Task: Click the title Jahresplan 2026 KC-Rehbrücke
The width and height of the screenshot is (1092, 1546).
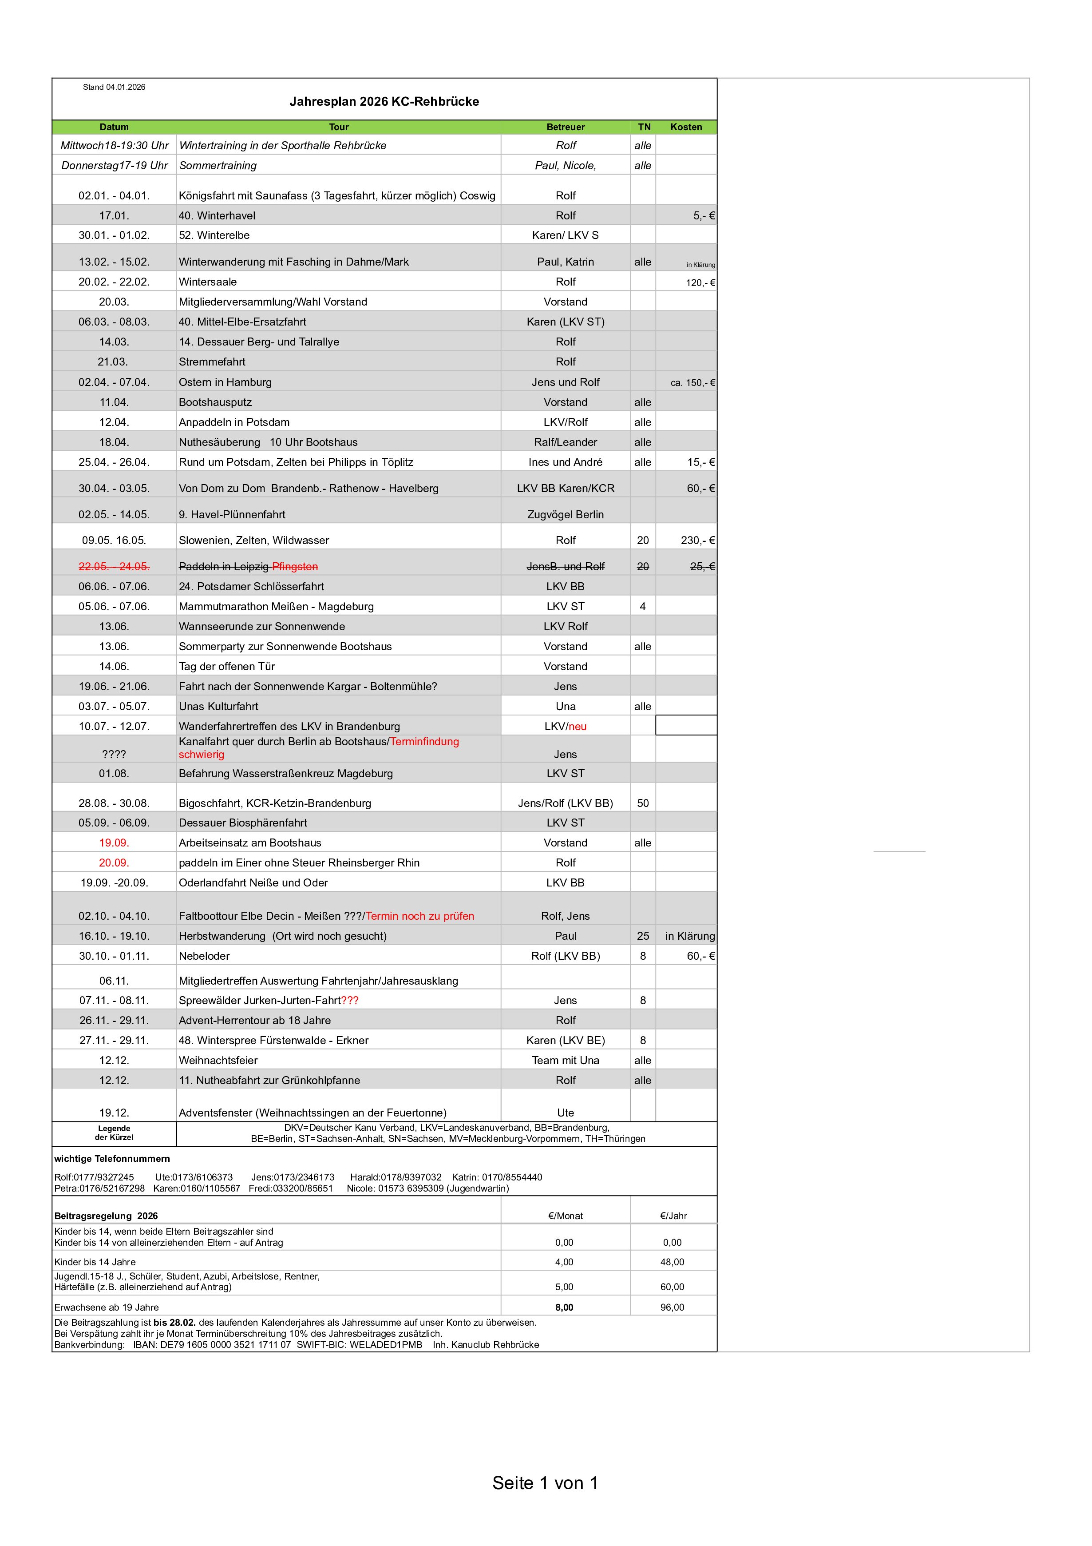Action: [384, 102]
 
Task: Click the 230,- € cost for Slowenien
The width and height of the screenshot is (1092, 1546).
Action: [697, 541]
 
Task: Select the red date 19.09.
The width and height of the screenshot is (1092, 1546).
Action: [114, 843]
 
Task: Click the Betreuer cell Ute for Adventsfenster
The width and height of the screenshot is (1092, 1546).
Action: [565, 1113]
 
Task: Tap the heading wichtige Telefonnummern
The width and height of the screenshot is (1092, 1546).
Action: [112, 1159]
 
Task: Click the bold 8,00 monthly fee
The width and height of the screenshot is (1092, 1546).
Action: [564, 1308]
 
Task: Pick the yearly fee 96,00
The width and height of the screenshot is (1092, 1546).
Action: [672, 1308]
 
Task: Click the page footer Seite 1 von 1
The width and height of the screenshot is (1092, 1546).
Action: [545, 1483]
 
